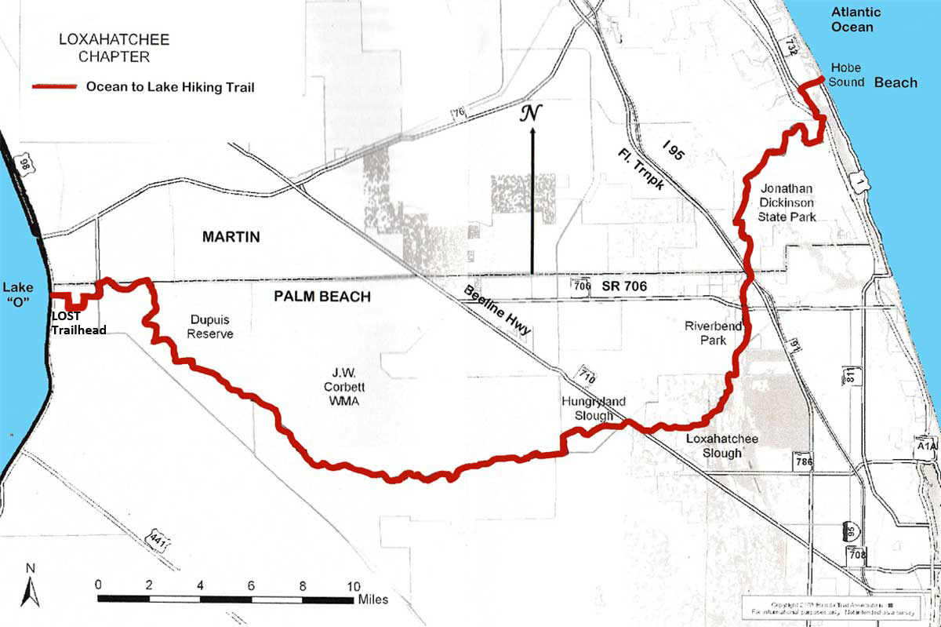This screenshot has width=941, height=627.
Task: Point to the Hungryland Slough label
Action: pos(593,409)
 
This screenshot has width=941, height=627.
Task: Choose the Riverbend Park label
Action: pos(705,333)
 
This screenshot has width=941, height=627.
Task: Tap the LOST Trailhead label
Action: pos(78,323)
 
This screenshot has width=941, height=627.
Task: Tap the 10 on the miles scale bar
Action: pos(354,585)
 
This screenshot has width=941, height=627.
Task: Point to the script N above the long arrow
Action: pos(532,115)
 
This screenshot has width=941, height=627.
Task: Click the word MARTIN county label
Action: pos(231,237)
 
